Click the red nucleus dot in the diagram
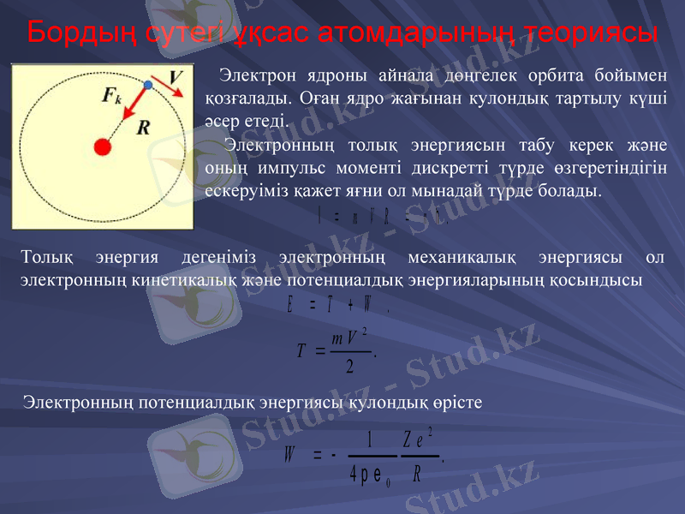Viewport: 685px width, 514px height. [x=104, y=147]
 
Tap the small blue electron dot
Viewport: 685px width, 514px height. [x=148, y=86]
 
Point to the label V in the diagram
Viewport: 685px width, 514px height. [x=175, y=78]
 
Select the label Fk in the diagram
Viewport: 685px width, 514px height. [x=111, y=95]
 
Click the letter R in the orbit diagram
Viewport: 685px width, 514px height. [x=143, y=128]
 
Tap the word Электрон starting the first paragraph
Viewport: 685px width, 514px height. [x=253, y=75]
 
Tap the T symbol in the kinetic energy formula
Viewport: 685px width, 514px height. [x=301, y=350]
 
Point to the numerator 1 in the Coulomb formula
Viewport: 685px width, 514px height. [x=369, y=439]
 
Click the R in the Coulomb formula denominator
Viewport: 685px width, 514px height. [x=417, y=473]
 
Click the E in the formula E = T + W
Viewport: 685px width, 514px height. [x=292, y=304]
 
